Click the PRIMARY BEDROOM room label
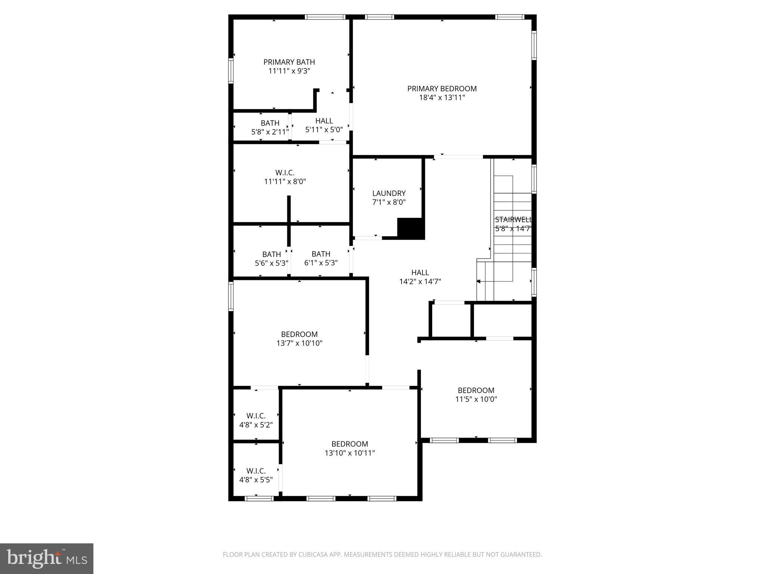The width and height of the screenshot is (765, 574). coord(442,89)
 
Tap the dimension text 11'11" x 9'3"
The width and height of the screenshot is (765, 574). coord(289,71)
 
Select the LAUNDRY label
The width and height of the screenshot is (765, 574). coord(389,193)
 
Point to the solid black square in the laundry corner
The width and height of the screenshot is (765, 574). coord(411,228)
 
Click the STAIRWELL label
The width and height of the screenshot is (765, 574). coord(513,220)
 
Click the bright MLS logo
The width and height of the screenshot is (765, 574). coord(47,558)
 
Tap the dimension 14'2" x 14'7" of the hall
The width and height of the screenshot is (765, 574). coord(420,281)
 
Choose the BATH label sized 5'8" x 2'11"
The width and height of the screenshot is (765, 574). coord(270,123)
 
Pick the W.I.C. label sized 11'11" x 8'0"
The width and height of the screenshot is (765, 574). coord(285,173)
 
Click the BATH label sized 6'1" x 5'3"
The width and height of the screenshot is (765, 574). coord(321,254)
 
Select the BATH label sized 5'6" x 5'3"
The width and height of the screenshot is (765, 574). coord(272,254)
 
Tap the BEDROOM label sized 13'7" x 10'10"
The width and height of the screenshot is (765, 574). coord(299,334)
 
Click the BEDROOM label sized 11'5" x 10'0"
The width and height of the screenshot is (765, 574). coord(476,390)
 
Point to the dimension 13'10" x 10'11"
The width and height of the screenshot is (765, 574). coord(350,453)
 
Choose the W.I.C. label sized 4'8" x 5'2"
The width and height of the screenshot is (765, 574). coord(256,416)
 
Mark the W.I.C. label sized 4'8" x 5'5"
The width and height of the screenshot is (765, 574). coord(256,471)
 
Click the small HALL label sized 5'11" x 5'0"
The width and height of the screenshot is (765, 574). coord(324,121)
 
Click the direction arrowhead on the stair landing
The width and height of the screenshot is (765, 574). coord(478,281)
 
